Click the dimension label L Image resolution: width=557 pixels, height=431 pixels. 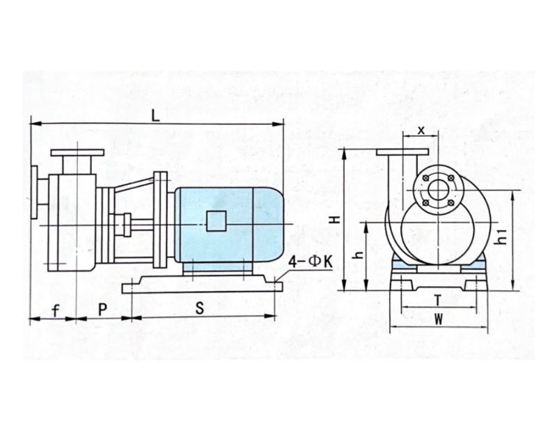(x=155, y=116)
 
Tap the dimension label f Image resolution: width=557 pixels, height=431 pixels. (x=56, y=311)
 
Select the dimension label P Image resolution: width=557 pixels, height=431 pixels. (x=102, y=310)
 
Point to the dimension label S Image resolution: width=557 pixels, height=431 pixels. (x=200, y=308)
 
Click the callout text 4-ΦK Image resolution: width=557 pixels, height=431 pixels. (x=310, y=262)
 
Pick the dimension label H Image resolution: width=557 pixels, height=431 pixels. (x=336, y=219)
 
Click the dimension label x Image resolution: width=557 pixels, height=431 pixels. (x=421, y=130)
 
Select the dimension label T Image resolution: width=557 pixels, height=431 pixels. (x=438, y=301)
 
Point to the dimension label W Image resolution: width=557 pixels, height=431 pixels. (x=439, y=319)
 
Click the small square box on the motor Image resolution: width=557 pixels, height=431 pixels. (x=217, y=220)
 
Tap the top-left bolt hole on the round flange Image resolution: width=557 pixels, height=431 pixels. (x=425, y=178)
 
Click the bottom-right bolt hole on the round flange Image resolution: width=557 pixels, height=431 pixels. (x=450, y=203)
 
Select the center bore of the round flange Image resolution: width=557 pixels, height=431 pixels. (x=438, y=190)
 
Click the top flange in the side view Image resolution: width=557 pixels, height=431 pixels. (x=77, y=153)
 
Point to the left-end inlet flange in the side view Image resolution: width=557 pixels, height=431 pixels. (x=34, y=192)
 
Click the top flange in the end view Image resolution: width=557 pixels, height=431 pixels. (x=402, y=153)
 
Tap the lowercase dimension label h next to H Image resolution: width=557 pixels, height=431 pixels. (x=359, y=255)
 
